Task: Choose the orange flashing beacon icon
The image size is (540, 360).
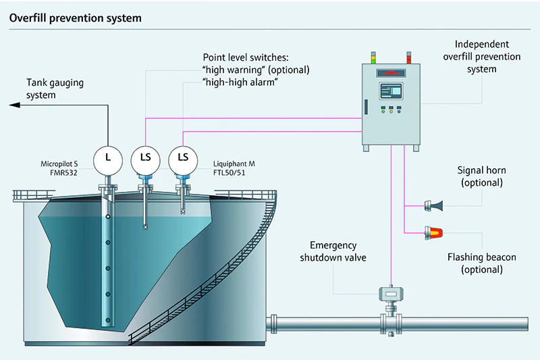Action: click(x=433, y=233)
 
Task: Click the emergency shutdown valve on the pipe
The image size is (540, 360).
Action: click(x=391, y=294)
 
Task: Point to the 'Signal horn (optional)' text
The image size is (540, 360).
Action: click(x=481, y=177)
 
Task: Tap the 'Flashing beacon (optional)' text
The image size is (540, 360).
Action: click(x=481, y=263)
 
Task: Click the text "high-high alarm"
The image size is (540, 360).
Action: click(x=242, y=82)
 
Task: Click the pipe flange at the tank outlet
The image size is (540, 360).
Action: click(x=275, y=323)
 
